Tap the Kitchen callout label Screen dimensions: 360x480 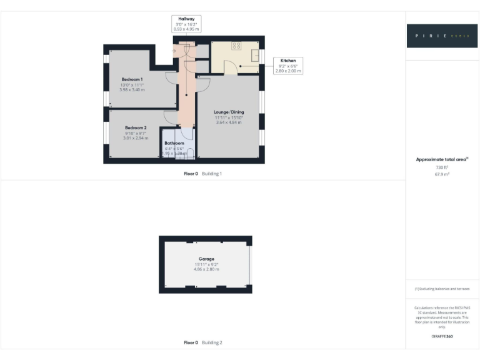[x=288, y=61]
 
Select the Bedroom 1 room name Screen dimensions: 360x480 [x=132, y=79]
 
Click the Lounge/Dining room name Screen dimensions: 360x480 [x=227, y=112]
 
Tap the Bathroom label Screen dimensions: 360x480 [x=174, y=143]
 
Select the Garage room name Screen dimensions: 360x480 [x=206, y=259]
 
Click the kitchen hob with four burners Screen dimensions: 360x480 [x=237, y=46]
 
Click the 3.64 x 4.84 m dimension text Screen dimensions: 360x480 [x=227, y=122]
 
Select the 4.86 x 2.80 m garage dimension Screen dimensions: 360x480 [x=206, y=269]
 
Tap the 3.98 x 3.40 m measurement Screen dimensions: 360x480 [x=132, y=90]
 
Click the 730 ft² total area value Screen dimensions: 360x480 [x=442, y=167]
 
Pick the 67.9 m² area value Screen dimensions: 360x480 [x=442, y=174]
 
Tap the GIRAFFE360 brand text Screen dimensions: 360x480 [x=442, y=337]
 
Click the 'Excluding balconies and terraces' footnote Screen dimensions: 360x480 [x=442, y=289]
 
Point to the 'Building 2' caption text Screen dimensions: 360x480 [x=212, y=342]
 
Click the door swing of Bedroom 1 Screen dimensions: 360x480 [x=171, y=77]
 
